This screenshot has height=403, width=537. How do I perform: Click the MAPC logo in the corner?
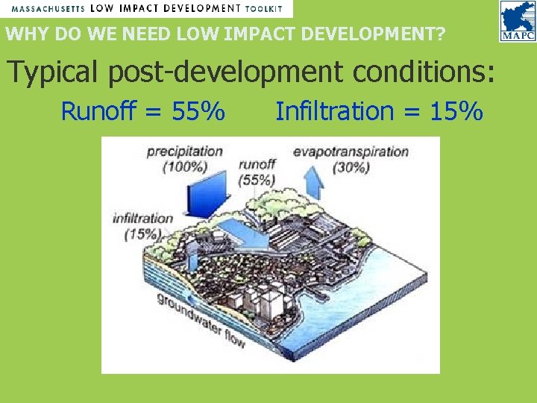point(516,22)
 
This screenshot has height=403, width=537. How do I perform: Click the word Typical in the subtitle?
point(52,72)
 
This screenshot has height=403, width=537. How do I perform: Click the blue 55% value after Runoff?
point(198,112)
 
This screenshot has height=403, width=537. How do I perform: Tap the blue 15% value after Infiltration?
point(456,112)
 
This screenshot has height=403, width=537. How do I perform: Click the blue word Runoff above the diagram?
point(99,112)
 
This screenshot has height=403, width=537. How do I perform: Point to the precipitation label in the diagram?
point(184,151)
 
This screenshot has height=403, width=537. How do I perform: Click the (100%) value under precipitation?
point(185,167)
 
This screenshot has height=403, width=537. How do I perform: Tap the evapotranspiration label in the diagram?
point(351,152)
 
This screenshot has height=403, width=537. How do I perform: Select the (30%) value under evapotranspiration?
point(351,168)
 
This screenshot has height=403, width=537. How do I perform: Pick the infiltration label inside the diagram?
point(142,219)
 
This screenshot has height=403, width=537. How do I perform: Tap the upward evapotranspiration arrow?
point(315,178)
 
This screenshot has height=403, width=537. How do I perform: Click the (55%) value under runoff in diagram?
point(257,179)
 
